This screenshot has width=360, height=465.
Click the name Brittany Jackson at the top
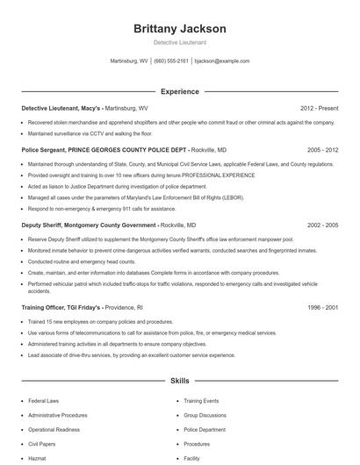(x=179, y=29)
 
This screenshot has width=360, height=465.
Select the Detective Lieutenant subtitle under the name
(x=179, y=42)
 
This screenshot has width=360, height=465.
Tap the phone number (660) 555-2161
(x=170, y=61)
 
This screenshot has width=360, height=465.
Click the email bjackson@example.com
(x=222, y=61)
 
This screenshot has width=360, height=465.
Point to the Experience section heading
(x=179, y=91)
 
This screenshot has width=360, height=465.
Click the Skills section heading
(x=179, y=383)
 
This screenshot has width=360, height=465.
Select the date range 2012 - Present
(x=319, y=108)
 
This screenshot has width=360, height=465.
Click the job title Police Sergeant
(x=43, y=150)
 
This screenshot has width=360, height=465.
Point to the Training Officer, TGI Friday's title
(x=61, y=308)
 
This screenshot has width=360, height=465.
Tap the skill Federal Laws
(x=45, y=401)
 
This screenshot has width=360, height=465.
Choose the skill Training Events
(x=201, y=401)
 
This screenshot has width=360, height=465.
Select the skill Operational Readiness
(x=54, y=430)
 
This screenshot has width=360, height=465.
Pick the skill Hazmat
(x=37, y=458)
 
